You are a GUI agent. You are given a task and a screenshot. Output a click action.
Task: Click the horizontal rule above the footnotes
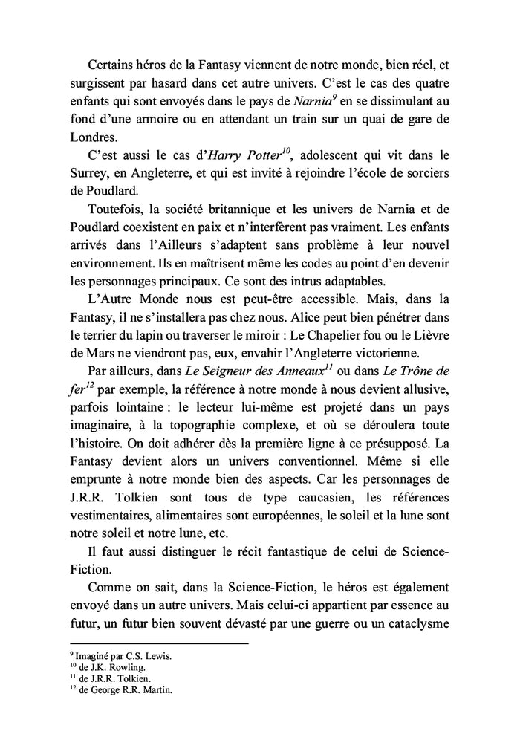click(x=158, y=643)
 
